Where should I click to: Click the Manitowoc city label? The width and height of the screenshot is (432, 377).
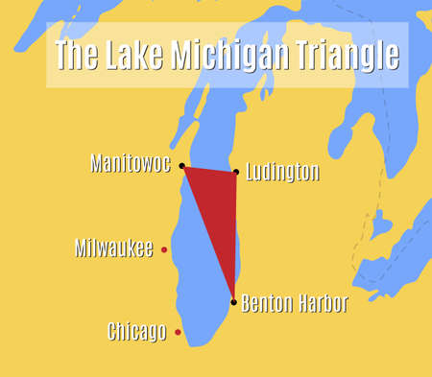[x=130, y=163]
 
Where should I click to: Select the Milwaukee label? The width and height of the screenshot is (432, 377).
[x=113, y=248]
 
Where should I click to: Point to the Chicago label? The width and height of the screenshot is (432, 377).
[x=137, y=332]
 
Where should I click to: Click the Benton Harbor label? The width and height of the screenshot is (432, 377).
[x=294, y=303]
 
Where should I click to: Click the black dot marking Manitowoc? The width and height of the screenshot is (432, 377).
[x=182, y=166]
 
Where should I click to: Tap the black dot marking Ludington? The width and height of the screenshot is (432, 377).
[x=236, y=172]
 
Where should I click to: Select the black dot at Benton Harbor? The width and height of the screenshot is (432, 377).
[x=233, y=302]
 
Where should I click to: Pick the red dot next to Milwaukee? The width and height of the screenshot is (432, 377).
[x=164, y=249]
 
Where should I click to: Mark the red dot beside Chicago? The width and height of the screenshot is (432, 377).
[x=178, y=333]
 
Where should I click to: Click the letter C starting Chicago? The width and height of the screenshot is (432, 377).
[x=112, y=332]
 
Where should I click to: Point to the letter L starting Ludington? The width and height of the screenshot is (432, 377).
[x=250, y=173]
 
